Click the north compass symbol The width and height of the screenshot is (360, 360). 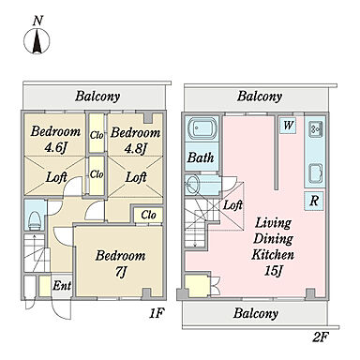tap(37, 41)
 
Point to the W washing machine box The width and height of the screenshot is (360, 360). tap(288, 126)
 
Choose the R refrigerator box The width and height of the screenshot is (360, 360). tap(314, 201)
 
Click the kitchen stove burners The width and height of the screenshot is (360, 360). tap(315, 128)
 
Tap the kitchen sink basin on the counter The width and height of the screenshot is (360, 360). tap(315, 173)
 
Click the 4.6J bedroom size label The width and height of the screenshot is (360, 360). tap(54, 148)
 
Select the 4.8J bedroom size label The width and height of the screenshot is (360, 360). tap(135, 149)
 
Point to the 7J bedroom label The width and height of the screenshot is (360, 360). tap(120, 272)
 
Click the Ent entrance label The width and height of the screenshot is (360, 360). tap(62, 285)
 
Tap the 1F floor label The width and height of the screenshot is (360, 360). tap(157, 313)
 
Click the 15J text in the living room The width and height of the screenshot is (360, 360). tap(273, 271)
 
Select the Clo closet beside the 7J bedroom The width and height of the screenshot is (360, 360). tap(148, 215)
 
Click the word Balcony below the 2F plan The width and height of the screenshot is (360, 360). tap(255, 313)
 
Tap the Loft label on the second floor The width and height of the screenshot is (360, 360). tap(232, 205)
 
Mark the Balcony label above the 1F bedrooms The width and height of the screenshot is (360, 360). tap(97, 96)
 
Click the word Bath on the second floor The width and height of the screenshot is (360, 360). tap(201, 157)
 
